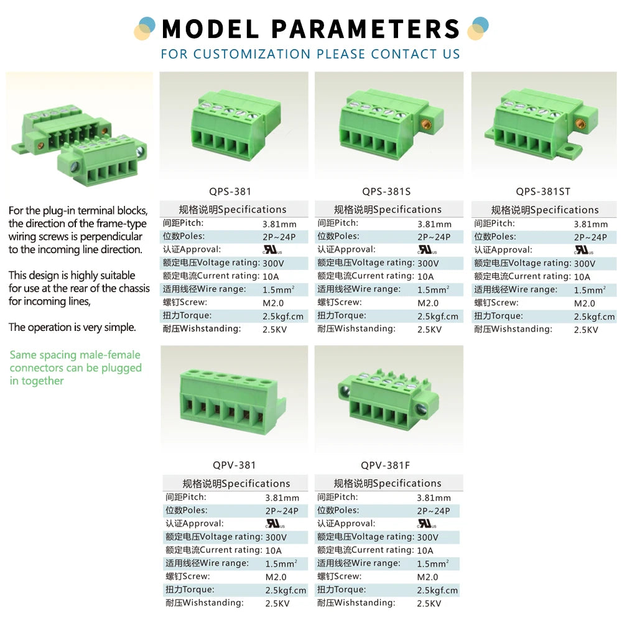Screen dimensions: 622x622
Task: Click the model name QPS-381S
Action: pyautogui.click(x=386, y=192)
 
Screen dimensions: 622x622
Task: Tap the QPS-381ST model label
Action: pyautogui.click(x=542, y=192)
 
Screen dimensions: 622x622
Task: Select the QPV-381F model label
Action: pyautogui.click(x=385, y=465)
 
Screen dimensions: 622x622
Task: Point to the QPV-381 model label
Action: pyautogui.click(x=234, y=465)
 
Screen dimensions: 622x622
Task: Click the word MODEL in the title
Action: pyautogui.click(x=211, y=29)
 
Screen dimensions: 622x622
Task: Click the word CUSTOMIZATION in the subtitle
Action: pyautogui.click(x=251, y=54)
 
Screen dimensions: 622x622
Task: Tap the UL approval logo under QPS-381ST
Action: pyautogui.click(x=584, y=250)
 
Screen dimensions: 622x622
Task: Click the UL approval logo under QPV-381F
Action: pyautogui.click(x=427, y=524)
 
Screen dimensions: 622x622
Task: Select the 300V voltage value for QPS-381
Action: pyautogui.click(x=273, y=263)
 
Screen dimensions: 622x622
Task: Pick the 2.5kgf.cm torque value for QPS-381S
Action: pyautogui.click(x=437, y=317)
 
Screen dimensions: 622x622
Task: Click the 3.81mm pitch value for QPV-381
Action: pyautogui.click(x=282, y=498)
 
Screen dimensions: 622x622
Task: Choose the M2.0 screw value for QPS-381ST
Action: pyautogui.click(x=584, y=304)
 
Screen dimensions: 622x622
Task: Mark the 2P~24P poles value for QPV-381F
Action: pyautogui.click(x=433, y=511)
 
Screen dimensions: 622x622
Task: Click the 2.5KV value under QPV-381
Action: pyautogui.click(x=277, y=603)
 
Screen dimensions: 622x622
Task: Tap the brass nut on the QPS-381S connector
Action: pyautogui.click(x=427, y=124)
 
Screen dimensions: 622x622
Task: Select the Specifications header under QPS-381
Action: pyautogui.click(x=233, y=210)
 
